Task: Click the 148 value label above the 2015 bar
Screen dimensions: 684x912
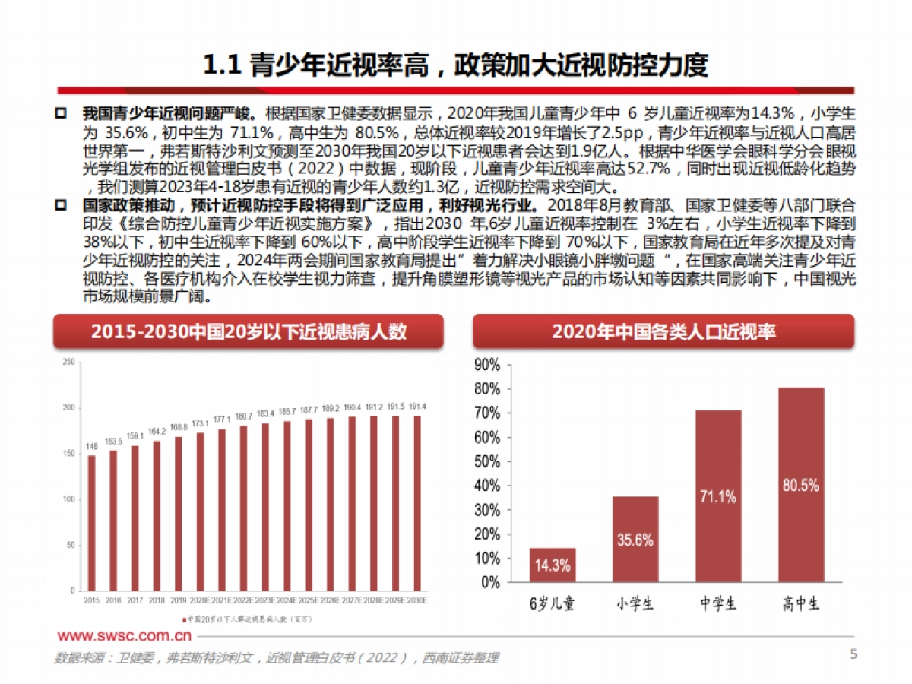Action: pos(91,446)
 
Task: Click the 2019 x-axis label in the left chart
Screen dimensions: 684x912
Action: pos(178,600)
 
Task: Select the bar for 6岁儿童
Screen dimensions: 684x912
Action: pos(553,565)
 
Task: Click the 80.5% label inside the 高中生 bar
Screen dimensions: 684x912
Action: pos(801,485)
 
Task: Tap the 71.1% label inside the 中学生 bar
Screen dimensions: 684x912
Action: pos(718,497)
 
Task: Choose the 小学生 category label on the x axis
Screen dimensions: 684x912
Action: pos(635,604)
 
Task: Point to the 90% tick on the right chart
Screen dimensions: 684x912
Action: pos(486,365)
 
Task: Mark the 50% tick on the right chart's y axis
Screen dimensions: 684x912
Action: pos(486,461)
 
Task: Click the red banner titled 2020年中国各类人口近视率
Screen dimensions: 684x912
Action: pos(663,331)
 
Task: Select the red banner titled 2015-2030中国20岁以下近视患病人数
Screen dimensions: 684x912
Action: pos(249,331)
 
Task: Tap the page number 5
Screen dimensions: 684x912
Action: pos(853,654)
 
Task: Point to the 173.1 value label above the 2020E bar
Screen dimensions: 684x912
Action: pos(200,423)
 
